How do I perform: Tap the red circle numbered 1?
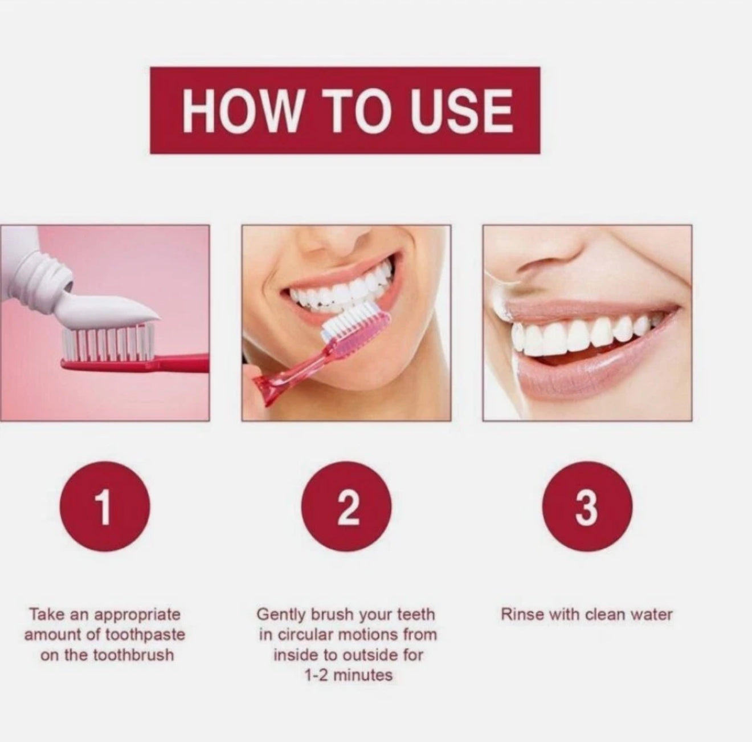point(105,507)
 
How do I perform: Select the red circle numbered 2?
point(347,507)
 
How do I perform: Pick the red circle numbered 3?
point(587,507)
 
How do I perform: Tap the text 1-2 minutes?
point(348,686)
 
